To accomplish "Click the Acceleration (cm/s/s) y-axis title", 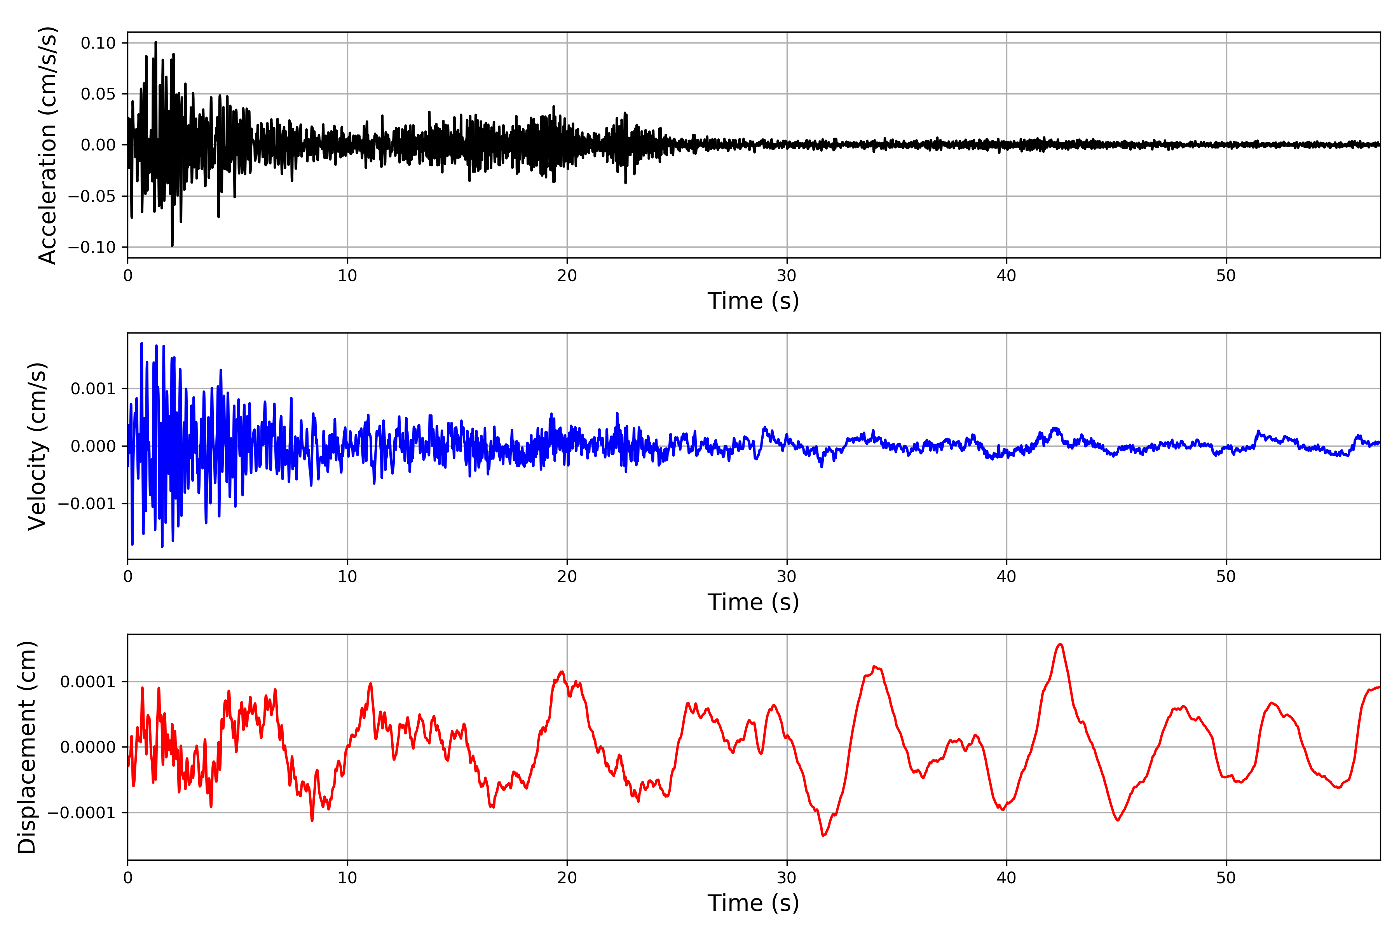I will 47,145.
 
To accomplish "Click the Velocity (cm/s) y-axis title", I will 37,446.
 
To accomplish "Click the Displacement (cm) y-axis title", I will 27,747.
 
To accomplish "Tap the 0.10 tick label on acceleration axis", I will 98,43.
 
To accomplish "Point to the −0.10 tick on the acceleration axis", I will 92,247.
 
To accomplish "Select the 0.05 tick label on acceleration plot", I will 98,94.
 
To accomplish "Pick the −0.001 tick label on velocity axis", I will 86,504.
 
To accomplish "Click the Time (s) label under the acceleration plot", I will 753,301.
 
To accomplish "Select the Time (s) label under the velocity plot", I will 753,602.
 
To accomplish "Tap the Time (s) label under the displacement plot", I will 753,903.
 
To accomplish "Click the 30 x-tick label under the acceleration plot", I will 786,276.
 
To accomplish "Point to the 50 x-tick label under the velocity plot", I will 1226,577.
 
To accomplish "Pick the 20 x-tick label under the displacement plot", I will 567,878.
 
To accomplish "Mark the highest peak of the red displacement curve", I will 1060,645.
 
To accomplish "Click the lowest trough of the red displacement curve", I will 824,835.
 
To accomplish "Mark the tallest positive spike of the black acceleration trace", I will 156,42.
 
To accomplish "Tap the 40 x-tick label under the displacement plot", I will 1007,878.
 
